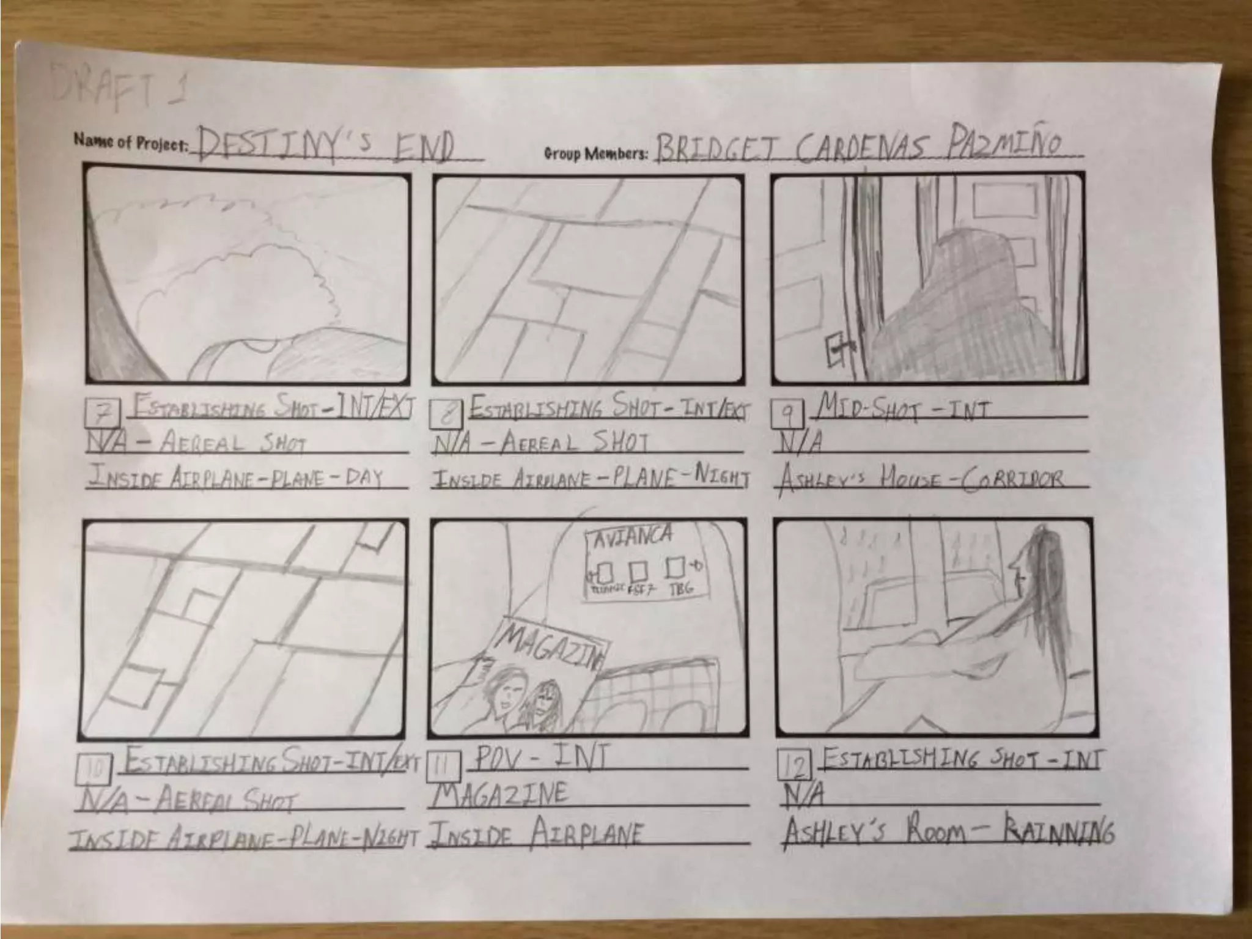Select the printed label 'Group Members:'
coord(595,153)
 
